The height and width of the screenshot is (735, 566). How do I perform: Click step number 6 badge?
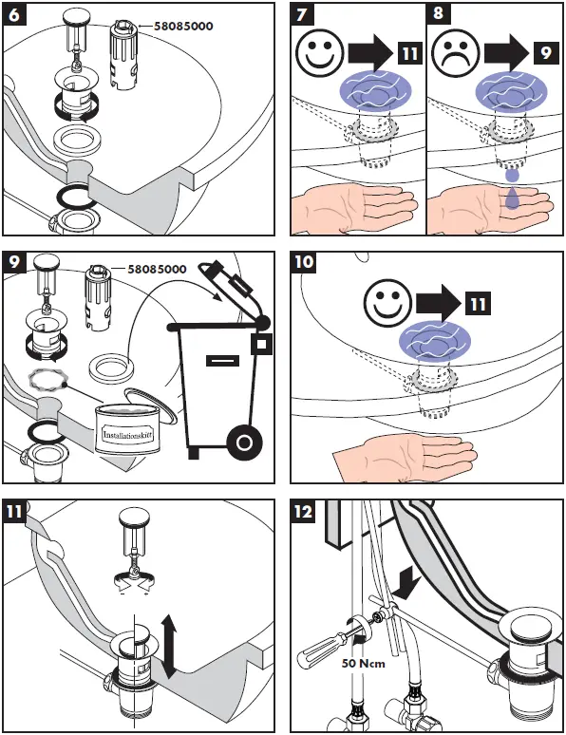click(14, 14)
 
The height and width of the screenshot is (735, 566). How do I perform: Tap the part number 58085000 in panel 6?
click(183, 27)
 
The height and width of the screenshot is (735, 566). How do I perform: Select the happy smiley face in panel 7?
click(320, 52)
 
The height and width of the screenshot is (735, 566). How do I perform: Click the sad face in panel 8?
click(456, 52)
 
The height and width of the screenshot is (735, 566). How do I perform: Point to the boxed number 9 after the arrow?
click(546, 52)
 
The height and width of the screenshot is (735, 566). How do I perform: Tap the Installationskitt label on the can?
click(127, 435)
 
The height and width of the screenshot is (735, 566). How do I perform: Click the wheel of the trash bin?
click(244, 442)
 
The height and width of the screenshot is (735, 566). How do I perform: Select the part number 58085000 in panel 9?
click(157, 269)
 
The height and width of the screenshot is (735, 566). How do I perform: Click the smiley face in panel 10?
click(387, 303)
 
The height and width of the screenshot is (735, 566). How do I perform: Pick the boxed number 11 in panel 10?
click(478, 303)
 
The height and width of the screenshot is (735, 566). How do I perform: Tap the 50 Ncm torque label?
click(364, 663)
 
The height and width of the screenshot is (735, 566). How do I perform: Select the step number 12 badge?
click(303, 511)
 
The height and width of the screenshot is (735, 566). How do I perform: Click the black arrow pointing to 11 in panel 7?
click(370, 52)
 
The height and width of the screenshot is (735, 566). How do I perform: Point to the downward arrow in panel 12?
click(406, 582)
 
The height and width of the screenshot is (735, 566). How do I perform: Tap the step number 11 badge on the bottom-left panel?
click(14, 511)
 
